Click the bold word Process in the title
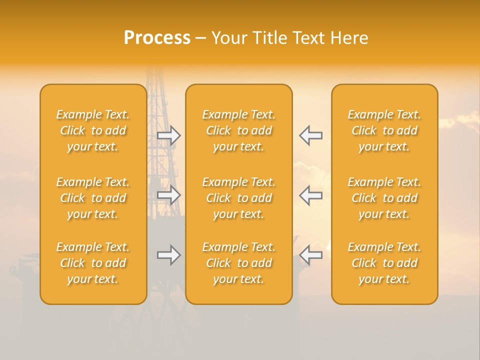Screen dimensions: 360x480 [x=157, y=38]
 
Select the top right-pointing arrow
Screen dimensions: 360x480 [x=169, y=135]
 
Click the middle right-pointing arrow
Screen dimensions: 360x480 [x=169, y=195]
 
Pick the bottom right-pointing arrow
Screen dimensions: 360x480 [x=169, y=255]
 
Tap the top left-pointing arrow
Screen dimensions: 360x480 [x=311, y=135]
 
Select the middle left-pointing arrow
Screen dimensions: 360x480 [x=311, y=195]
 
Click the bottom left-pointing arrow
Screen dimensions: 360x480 [x=311, y=255]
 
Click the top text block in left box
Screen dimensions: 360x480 [x=93, y=130]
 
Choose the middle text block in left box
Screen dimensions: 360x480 [x=93, y=198]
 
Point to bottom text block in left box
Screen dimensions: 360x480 [x=93, y=263]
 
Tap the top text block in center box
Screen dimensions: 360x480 [x=239, y=130]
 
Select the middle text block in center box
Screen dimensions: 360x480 [x=239, y=198]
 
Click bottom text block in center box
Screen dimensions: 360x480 [x=239, y=263]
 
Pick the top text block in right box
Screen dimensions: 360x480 [x=384, y=130]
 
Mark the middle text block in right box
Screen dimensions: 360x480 [x=384, y=198]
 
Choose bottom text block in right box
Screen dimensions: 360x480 [x=384, y=263]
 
